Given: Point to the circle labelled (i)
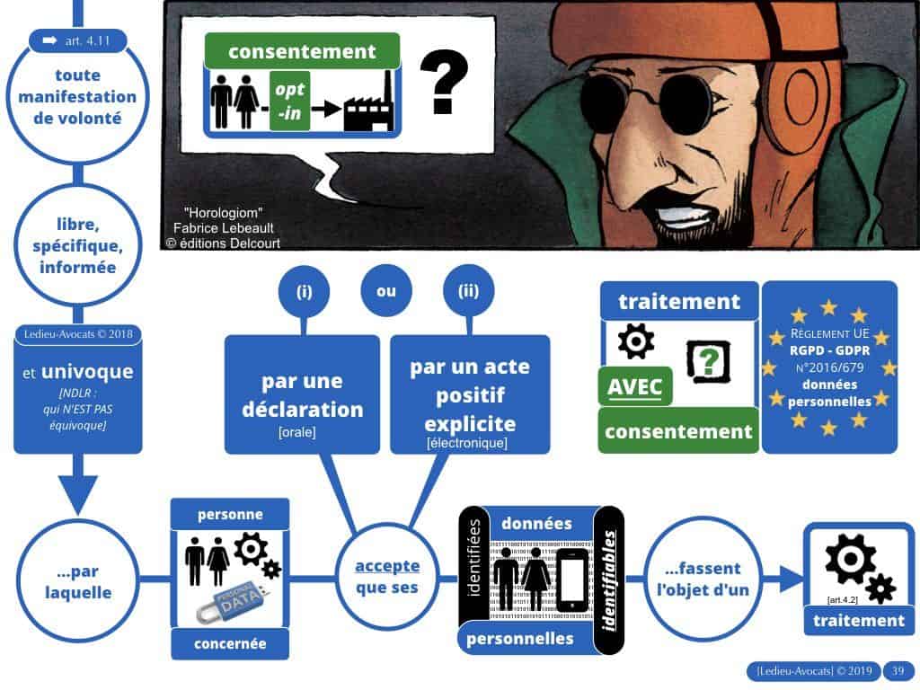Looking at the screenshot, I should (x=305, y=291).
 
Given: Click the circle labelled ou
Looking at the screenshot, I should (x=385, y=291).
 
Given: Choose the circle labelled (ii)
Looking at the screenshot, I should (x=469, y=291).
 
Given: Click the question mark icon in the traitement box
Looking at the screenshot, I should (x=707, y=360).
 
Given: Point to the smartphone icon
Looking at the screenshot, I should (x=572, y=579).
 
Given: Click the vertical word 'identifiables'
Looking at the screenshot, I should (x=609, y=567).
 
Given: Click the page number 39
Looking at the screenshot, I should (x=897, y=671).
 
